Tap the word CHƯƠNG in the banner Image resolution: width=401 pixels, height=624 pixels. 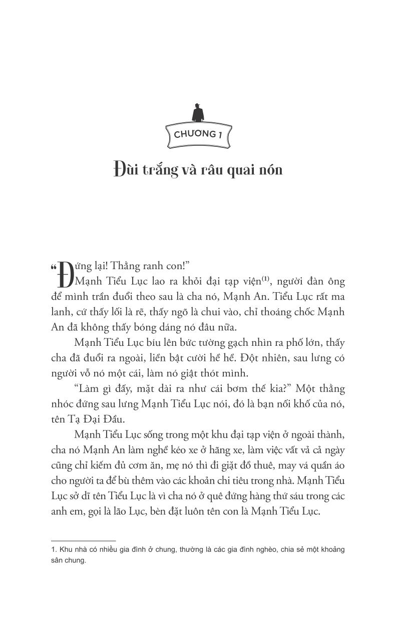coord(192,134)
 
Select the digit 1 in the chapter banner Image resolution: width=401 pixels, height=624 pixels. coord(219,134)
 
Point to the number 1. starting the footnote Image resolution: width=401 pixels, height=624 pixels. coord(55,550)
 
